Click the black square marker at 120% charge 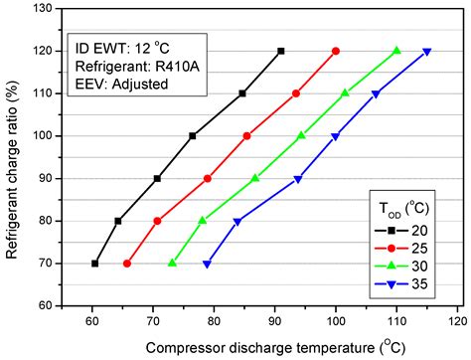click(x=281, y=51)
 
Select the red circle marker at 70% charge click(x=126, y=264)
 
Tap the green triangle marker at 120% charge click(x=396, y=51)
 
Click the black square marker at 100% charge click(x=192, y=135)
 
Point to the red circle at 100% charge click(x=247, y=135)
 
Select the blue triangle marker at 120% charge click(x=427, y=52)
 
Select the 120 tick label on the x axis click(x=457, y=322)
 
